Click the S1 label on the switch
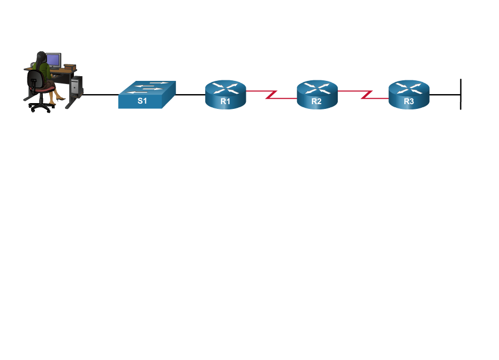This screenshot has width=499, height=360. pyautogui.click(x=142, y=101)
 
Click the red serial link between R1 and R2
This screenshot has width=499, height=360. pyautogui.click(x=271, y=94)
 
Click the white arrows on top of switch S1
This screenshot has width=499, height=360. pyautogui.click(x=149, y=87)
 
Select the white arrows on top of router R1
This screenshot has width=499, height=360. pyautogui.click(x=226, y=88)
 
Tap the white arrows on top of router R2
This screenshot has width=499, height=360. pyautogui.click(x=317, y=88)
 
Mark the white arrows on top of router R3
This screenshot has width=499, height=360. pyautogui.click(x=409, y=88)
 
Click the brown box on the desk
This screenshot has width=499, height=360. pyautogui.click(x=70, y=67)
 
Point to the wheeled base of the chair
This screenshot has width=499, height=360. pyautogui.click(x=40, y=107)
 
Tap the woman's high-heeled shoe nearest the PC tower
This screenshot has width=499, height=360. pyautogui.click(x=61, y=98)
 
